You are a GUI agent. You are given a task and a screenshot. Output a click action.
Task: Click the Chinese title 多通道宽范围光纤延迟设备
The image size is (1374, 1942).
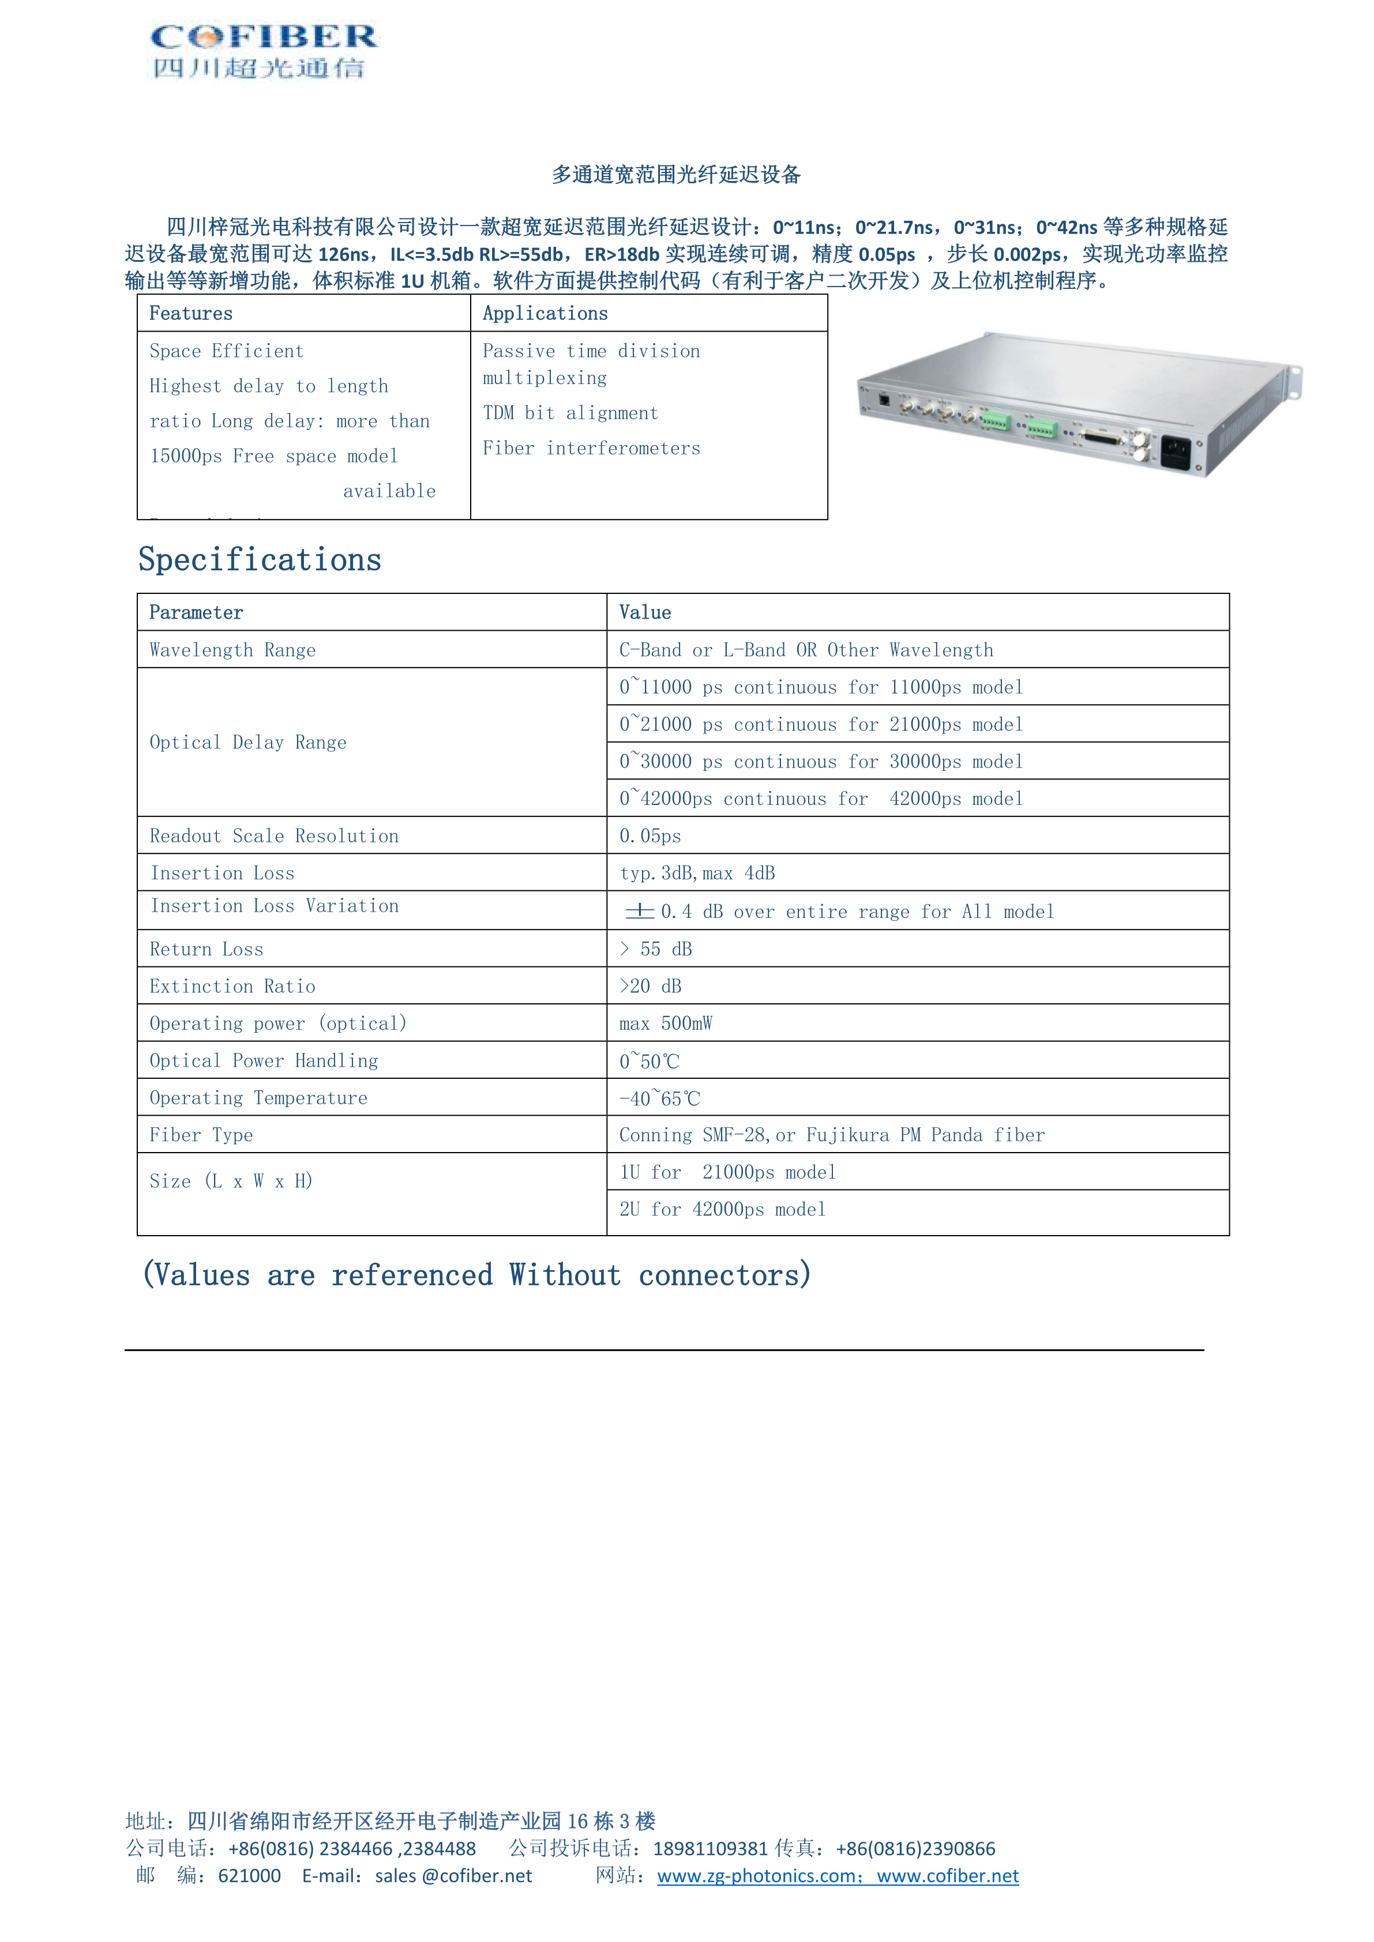point(676,175)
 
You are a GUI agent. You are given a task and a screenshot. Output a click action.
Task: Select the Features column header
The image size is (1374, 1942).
point(191,314)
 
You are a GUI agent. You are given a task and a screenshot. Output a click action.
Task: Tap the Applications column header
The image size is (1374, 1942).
point(545,314)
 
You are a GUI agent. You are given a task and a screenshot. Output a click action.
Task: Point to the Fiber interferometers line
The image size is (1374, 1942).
point(591,448)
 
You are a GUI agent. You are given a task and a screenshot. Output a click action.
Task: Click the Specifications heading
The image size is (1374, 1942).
point(260,560)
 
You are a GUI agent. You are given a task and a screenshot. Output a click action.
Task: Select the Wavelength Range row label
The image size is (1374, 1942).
point(232,650)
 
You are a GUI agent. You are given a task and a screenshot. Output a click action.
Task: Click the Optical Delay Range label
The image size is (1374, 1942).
point(248,743)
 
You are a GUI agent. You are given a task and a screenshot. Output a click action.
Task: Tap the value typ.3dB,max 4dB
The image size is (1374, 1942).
point(697,874)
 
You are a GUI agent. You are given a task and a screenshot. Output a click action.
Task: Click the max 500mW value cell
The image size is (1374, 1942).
point(666,1024)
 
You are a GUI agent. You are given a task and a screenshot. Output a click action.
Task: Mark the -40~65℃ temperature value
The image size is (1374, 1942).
point(660,1099)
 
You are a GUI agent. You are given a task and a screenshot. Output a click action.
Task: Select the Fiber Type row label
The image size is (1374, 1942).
point(201,1136)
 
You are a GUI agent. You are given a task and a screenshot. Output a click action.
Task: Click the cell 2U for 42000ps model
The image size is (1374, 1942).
point(723,1210)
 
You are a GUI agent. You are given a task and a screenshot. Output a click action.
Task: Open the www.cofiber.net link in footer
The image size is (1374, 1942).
point(948,1877)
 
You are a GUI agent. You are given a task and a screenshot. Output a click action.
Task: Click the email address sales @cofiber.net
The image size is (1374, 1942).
point(453,1877)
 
